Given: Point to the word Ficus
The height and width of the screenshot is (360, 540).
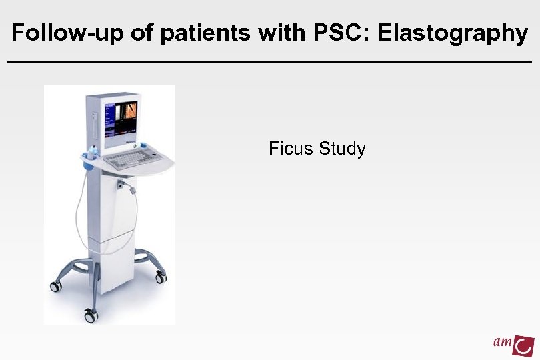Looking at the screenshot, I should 291,148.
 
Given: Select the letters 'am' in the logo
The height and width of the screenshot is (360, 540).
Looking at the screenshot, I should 503,343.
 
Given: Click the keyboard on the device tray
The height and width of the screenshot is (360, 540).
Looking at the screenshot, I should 127,159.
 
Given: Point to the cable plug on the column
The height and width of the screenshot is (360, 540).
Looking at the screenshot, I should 121,183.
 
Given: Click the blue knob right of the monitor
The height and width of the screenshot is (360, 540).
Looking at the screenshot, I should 140,143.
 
